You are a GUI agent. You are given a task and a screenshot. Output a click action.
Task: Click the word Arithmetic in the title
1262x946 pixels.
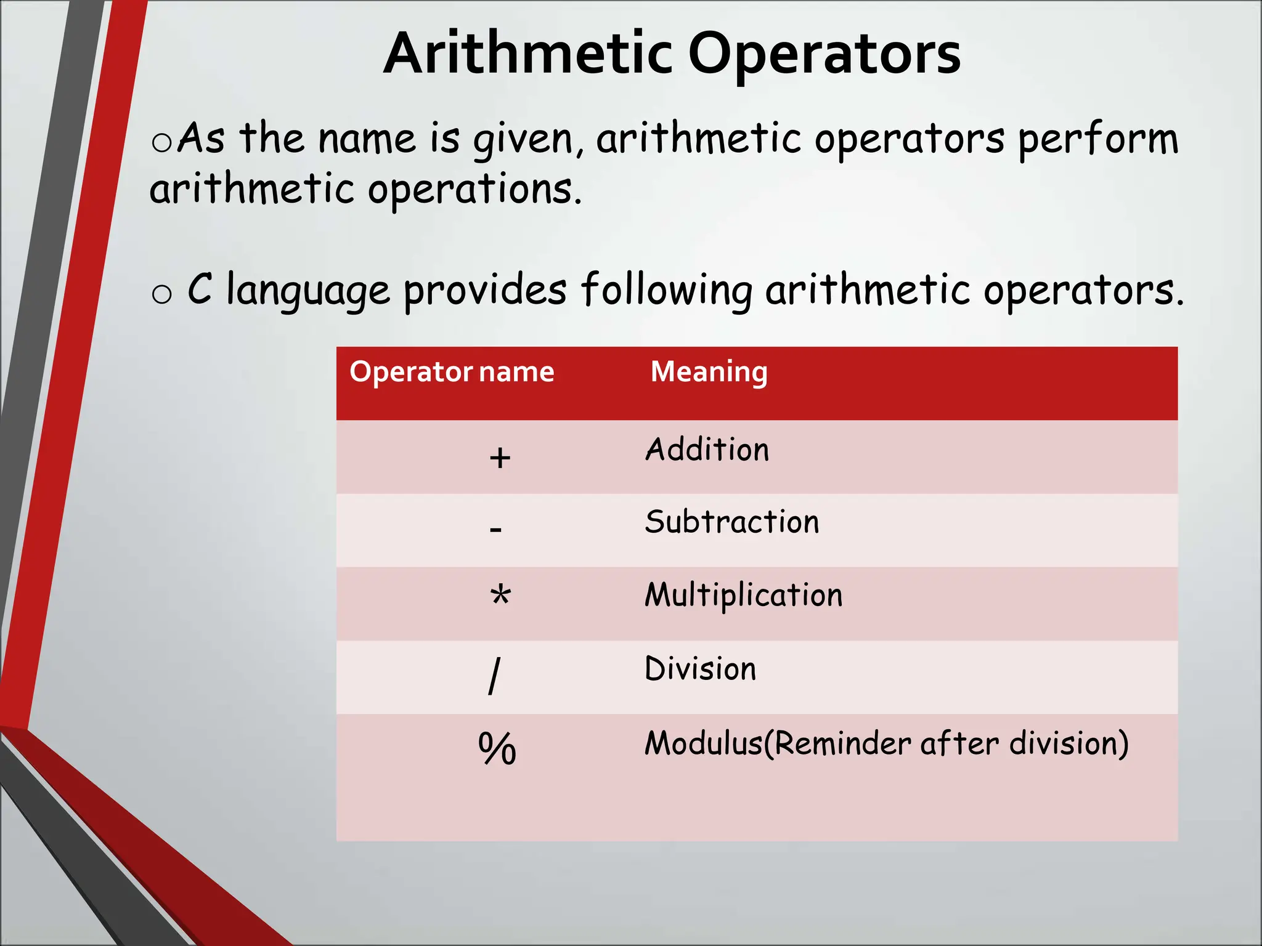[527, 54]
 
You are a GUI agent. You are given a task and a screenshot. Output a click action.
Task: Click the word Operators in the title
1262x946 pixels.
[824, 54]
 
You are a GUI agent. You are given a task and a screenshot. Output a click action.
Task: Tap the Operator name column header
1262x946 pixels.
[452, 372]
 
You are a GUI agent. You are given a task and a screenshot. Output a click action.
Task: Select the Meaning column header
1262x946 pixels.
[709, 372]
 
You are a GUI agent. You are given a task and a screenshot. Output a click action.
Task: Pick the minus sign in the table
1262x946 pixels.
[495, 529]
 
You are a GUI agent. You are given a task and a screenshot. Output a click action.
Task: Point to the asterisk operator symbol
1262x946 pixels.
[500, 596]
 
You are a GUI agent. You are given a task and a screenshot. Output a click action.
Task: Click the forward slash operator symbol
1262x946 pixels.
[494, 676]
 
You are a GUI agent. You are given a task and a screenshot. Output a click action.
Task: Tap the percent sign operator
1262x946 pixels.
[497, 748]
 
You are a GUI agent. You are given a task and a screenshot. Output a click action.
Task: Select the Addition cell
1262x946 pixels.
[707, 450]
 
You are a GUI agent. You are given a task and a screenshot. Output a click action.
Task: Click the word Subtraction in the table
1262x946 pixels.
[732, 522]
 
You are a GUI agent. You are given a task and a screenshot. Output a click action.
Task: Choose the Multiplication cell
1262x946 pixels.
[743, 596]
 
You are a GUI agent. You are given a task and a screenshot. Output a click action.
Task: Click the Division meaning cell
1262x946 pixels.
[700, 669]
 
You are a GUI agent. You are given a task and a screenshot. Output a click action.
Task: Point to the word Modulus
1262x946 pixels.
[703, 743]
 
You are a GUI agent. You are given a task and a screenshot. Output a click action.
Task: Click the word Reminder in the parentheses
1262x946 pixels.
[842, 743]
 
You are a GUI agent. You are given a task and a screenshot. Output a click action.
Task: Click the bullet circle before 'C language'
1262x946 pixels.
[161, 294]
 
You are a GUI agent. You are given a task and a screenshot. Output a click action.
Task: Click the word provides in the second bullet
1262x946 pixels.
[484, 291]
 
